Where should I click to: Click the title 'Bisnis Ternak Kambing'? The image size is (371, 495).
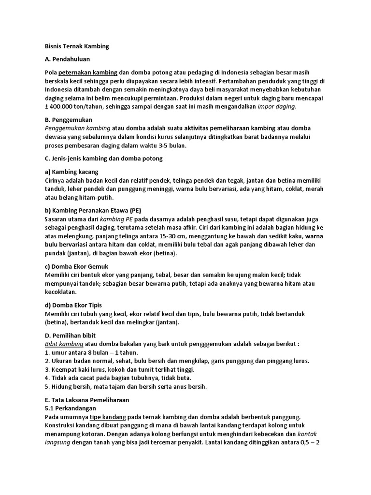(77, 46)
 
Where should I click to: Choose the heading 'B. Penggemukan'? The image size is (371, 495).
(68, 119)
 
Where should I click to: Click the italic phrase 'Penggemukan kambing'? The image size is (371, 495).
(77, 128)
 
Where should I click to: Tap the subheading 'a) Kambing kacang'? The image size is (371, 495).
(71, 172)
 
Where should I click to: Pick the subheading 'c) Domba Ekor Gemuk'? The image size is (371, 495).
(76, 266)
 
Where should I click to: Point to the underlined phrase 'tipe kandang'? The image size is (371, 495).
(108, 417)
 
